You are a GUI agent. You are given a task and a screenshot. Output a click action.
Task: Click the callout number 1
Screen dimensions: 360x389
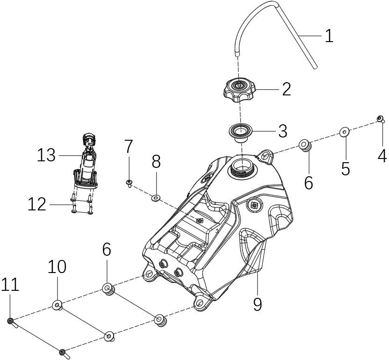point(329,36)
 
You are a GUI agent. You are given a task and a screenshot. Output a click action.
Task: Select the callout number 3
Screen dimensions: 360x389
point(282,131)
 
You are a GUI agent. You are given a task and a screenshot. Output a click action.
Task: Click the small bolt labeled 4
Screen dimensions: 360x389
point(381,119)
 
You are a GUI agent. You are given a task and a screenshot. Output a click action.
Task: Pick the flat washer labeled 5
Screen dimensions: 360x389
point(344,132)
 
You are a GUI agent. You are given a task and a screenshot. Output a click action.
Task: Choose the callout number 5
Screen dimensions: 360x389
point(345,168)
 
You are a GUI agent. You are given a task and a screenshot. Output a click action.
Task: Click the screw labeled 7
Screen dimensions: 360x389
point(128,182)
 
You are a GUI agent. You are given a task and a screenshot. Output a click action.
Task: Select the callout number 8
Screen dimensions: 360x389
point(156,162)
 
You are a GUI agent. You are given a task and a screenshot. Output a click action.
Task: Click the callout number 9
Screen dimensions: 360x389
point(258,304)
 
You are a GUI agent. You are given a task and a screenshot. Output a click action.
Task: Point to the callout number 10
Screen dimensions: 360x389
point(57,267)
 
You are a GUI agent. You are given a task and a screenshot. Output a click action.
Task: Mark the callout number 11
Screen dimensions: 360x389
point(10,284)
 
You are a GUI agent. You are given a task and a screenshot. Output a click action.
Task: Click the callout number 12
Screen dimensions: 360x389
point(37,204)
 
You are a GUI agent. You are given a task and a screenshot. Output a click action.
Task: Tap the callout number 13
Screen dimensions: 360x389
point(46,155)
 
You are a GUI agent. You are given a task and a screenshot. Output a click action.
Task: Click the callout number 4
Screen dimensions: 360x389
point(382,156)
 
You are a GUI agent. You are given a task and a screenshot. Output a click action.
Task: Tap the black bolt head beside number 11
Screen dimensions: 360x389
point(10,320)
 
